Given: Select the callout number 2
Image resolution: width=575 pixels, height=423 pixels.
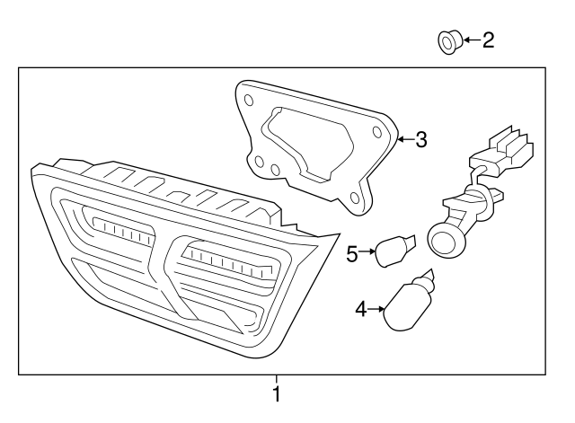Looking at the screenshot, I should (488, 40).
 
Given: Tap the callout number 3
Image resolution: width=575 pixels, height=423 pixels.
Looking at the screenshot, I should (421, 139).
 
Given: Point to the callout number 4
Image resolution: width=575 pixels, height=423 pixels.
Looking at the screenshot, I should (360, 310).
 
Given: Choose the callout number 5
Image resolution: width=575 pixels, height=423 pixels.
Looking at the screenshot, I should (353, 254).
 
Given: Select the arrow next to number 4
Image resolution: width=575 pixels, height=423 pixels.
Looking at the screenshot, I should (376, 310).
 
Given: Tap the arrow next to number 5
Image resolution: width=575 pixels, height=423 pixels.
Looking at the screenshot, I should (368, 254).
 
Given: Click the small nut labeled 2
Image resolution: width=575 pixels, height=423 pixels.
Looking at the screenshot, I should (448, 40).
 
